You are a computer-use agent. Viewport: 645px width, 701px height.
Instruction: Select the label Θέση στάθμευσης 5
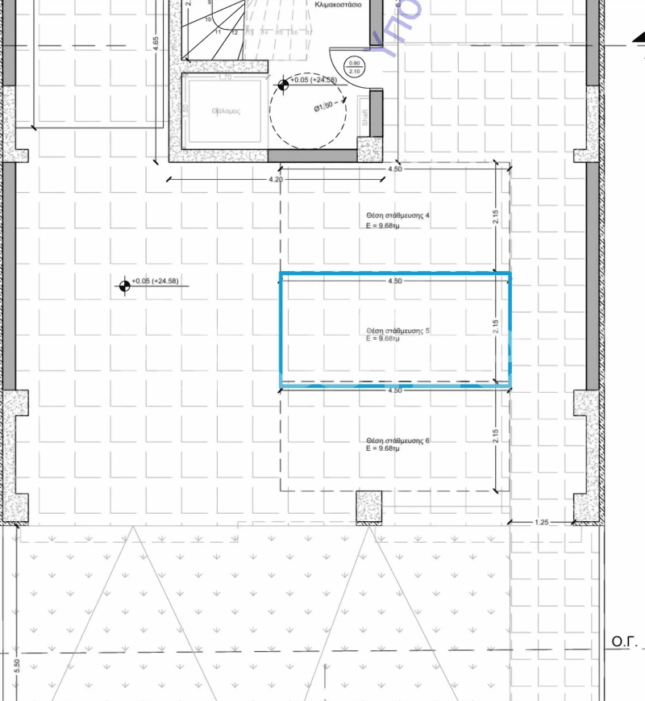397,331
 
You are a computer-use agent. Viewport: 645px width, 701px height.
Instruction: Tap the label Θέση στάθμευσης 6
397,440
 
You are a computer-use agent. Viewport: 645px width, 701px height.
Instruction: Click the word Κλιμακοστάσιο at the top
331,4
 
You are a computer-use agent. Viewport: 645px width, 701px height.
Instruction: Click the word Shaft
364,118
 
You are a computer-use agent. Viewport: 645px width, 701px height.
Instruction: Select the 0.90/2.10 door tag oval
353,67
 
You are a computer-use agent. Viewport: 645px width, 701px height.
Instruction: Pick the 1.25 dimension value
543,524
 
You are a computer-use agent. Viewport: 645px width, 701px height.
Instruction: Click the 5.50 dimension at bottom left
17,666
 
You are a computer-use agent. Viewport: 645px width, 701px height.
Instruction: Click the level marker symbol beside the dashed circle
284,84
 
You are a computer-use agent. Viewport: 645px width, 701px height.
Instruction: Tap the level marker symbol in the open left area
125,285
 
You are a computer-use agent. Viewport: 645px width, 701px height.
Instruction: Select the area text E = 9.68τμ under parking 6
383,449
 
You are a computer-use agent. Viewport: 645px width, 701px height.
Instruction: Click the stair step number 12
235,32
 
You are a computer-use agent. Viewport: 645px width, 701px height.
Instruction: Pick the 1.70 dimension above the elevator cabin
225,78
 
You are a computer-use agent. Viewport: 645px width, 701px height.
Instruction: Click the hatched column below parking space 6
368,508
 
